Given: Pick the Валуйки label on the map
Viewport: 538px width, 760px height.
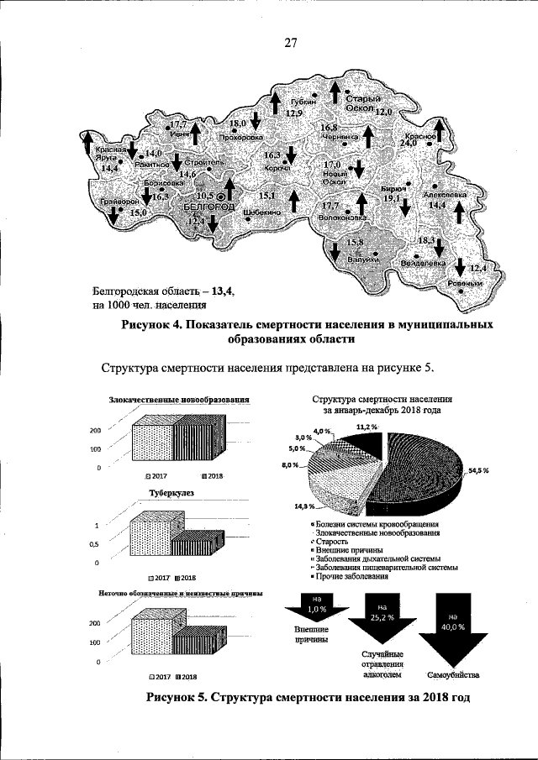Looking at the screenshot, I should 361,259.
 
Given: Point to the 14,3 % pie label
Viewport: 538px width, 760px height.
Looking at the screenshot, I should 303,506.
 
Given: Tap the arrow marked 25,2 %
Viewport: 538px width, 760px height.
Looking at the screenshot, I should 382,618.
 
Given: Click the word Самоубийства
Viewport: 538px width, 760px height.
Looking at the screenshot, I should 454,674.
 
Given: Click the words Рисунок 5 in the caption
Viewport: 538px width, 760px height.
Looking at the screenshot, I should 177,698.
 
